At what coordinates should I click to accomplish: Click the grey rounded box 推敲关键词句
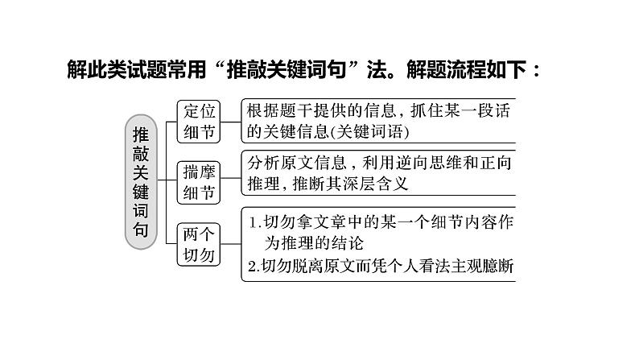[x=141, y=182]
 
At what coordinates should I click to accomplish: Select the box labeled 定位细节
[x=199, y=122]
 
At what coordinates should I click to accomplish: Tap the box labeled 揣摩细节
[x=199, y=182]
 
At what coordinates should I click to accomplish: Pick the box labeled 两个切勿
[x=199, y=244]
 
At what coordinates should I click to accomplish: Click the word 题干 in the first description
[x=288, y=110]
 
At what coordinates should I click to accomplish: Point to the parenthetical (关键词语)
[x=369, y=132]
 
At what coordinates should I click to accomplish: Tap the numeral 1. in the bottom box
[x=255, y=222]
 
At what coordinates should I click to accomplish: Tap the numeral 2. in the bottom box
[x=254, y=267]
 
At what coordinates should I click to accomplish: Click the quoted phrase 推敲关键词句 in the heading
[x=287, y=69]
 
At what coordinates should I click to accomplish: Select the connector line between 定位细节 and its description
[x=231, y=122]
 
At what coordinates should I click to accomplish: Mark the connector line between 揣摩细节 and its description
[x=231, y=178]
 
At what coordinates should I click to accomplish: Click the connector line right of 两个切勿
[x=231, y=244]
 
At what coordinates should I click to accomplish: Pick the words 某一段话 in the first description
[x=476, y=110]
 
